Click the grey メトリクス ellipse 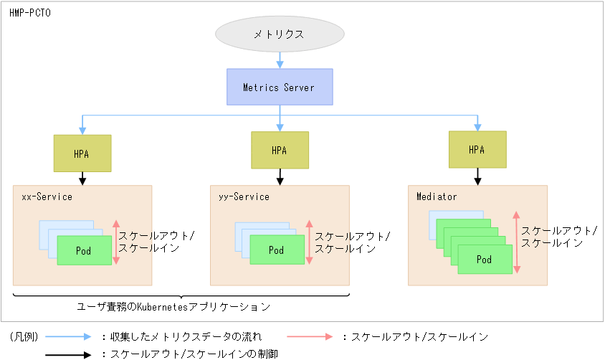tap(280, 34)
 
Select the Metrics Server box tap(280, 87)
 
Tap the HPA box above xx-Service tap(82, 153)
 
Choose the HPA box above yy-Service tap(280, 151)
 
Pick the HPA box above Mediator tap(477, 150)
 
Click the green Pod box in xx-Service tap(85, 250)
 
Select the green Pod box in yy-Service tap(277, 250)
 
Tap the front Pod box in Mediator tap(485, 260)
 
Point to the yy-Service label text tap(244, 196)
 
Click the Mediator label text tap(437, 196)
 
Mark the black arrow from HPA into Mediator tap(477, 176)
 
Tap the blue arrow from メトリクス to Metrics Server tap(280, 61)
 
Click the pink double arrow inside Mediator tap(516, 242)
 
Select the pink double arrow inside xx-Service tap(115, 242)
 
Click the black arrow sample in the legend tap(68, 354)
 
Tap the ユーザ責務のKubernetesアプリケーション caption tap(173, 307)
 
